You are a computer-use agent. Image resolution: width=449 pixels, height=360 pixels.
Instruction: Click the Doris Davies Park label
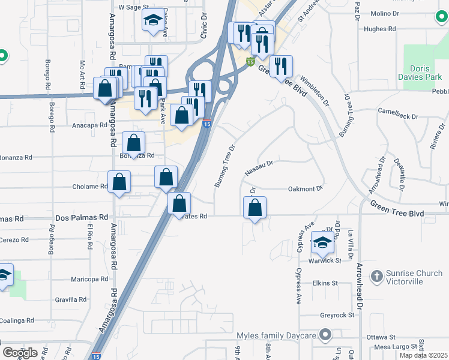point(425,73)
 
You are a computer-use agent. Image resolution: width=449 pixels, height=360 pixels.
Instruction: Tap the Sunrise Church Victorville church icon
point(376,276)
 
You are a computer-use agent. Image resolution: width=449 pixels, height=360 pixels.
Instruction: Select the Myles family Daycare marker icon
point(326,334)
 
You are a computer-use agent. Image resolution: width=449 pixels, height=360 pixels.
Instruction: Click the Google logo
point(20,353)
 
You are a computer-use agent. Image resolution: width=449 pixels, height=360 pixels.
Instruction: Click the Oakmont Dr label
point(305,188)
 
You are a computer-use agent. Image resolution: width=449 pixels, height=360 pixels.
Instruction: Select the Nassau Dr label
point(259,167)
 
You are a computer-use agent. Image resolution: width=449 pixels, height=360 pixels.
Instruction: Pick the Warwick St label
point(329,261)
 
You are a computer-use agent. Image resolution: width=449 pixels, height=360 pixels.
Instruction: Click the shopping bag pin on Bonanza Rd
point(133,143)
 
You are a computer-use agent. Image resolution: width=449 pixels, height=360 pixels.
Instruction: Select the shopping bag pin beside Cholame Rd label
point(119,182)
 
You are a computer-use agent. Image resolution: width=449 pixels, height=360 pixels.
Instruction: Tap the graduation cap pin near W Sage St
point(152,20)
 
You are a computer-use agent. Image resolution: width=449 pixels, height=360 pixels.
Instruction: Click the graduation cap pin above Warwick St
point(322,243)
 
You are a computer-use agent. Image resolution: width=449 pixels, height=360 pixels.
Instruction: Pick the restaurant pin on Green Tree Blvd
point(280,65)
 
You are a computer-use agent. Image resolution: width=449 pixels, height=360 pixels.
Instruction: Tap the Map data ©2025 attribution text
point(423,355)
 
